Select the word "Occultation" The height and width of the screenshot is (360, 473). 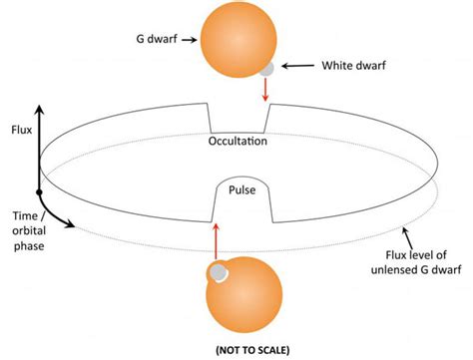(237, 142)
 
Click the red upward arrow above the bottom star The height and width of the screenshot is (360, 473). (216, 239)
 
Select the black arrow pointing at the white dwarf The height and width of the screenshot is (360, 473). (296, 66)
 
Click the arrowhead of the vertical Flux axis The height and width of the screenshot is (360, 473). (40, 106)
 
